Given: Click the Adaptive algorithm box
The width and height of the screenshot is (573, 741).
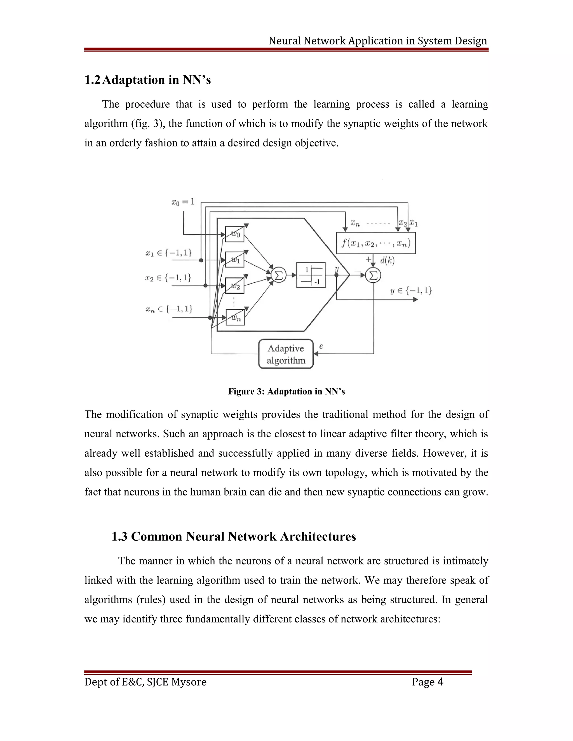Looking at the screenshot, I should pos(286,354).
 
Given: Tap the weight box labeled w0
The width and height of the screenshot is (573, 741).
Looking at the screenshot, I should pos(234,234).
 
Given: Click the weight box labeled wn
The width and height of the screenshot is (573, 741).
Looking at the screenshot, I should pos(235,318).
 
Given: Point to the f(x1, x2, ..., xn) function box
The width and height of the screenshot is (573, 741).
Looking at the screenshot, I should pos(376,243).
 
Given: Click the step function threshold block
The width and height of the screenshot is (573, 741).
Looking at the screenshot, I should pos(311,275).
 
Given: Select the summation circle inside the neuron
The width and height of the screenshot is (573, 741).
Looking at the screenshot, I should pos(279,275).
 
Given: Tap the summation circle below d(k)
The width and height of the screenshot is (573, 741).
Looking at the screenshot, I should pos(373,275).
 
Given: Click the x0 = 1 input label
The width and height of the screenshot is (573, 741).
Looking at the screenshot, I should pos(183,202).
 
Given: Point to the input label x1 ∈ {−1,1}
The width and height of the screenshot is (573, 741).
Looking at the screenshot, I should pos(169,253).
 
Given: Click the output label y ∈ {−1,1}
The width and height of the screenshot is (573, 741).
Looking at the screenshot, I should pos(411,291).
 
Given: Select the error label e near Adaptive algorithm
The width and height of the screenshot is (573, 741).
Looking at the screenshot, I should pos(321,346).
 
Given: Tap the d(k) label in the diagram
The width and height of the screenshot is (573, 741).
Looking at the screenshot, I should pos(387,261).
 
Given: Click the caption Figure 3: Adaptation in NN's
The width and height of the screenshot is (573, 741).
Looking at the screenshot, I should pos(286,391).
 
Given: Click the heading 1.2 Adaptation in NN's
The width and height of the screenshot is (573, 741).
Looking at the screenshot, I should pos(148,80).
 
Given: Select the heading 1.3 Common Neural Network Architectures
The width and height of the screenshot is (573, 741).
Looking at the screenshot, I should pos(234,536).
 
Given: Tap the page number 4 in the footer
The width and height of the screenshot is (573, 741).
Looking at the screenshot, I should pos(440,682).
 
